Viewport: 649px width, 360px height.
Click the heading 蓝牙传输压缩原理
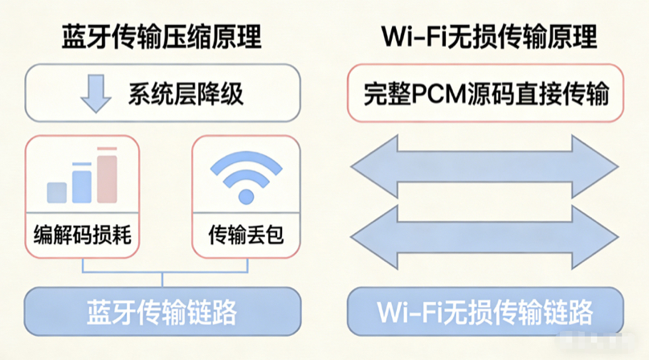tap(162, 38)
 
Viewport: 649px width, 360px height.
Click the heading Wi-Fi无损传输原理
tap(485, 38)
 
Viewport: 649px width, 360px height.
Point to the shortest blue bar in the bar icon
tap(56, 192)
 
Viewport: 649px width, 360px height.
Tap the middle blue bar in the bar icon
tap(82, 184)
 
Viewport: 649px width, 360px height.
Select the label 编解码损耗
tap(82, 235)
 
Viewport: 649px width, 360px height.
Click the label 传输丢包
tap(246, 235)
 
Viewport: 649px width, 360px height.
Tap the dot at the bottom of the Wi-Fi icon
tap(246, 198)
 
